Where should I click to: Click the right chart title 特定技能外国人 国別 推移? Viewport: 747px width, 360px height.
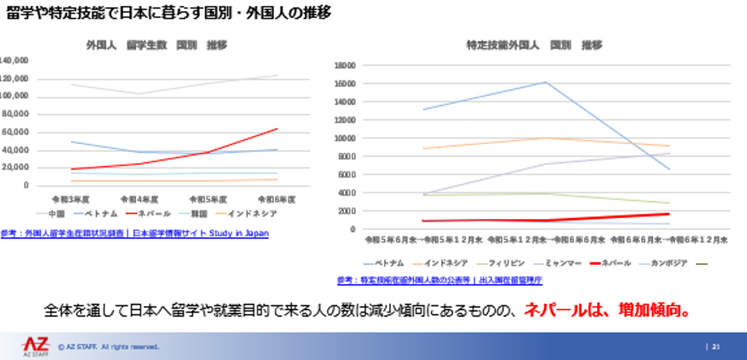534,45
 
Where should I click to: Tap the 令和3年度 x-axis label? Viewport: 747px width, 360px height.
71,199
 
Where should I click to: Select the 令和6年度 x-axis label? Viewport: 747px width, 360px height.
276,199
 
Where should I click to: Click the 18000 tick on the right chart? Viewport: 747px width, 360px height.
345,65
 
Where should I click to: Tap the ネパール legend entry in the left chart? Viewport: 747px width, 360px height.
155,214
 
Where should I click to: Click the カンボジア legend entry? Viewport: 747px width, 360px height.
670,264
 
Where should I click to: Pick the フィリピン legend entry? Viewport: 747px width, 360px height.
506,264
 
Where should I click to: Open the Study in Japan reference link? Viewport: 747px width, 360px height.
134,233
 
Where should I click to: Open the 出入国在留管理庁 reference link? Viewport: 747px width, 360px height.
439,280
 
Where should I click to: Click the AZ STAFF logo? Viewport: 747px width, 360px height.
36,346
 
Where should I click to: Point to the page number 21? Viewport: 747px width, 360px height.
716,347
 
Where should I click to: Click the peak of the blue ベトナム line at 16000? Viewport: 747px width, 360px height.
546,82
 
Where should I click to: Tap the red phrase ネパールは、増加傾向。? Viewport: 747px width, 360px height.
607,310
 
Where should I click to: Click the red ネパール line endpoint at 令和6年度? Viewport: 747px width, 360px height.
277,129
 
